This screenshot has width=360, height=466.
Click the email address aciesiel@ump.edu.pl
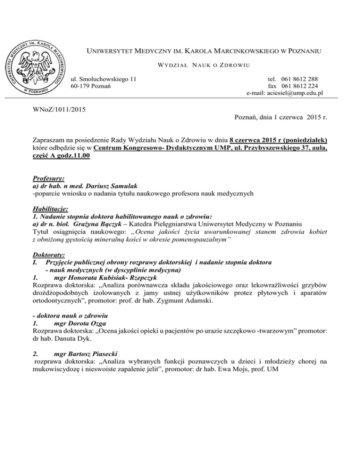(x=294, y=93)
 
